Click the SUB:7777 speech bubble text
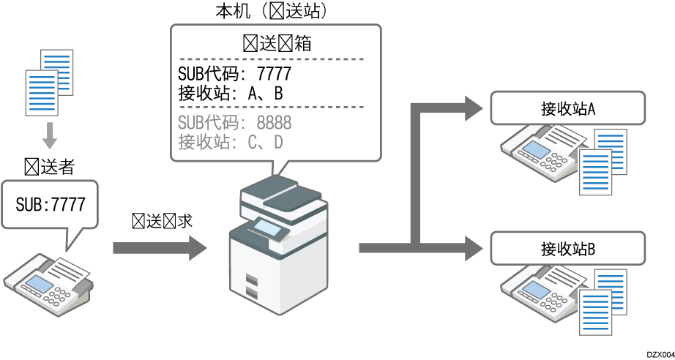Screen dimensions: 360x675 [x=50, y=203]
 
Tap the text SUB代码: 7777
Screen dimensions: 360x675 [x=234, y=74]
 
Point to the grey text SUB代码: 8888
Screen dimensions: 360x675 [x=234, y=122]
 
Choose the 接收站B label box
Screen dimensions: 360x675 [x=567, y=248]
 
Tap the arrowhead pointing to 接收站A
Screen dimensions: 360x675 [x=472, y=109]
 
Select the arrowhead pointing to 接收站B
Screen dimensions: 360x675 [x=472, y=248]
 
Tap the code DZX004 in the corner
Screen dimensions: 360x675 [x=660, y=353]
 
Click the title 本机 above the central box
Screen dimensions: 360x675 [x=229, y=11]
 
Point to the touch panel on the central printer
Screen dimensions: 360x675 [x=269, y=229]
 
